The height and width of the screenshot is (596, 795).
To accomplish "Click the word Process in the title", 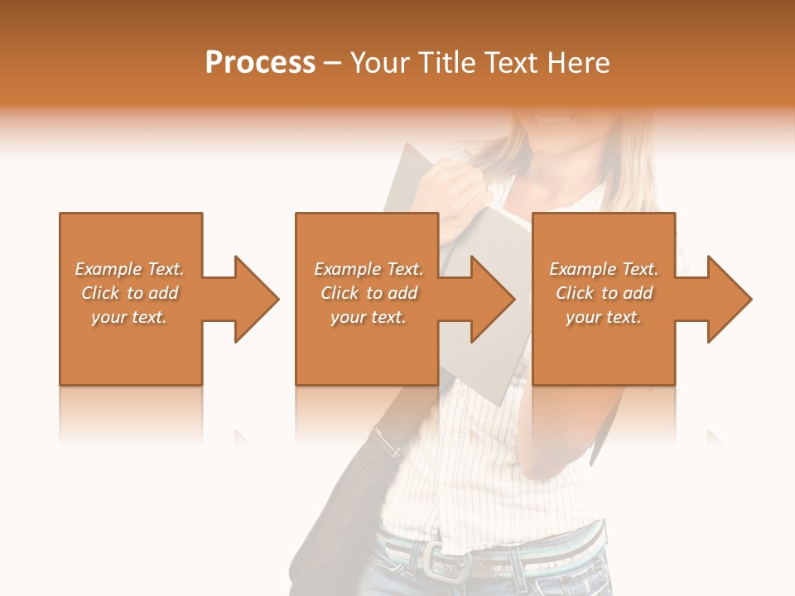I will [x=260, y=63].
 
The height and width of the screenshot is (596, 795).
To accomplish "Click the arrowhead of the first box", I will [x=253, y=299].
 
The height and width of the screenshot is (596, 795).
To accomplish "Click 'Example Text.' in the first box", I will [x=129, y=269].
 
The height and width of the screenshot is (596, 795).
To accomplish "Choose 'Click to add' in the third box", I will [x=605, y=293].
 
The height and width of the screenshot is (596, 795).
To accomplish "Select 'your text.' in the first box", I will [x=129, y=317].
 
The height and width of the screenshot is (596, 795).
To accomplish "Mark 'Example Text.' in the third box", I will [x=604, y=269].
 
